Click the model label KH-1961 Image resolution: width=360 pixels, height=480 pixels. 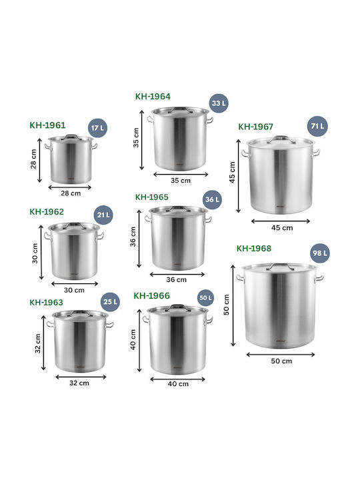[47, 125]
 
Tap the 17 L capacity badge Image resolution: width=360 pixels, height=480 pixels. [97, 128]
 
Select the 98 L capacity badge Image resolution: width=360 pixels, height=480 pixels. [320, 253]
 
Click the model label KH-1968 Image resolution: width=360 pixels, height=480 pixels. [254, 248]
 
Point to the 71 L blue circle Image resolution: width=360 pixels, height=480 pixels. [317, 126]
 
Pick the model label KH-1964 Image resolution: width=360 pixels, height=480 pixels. [153, 97]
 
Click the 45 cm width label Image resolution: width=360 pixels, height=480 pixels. [282, 228]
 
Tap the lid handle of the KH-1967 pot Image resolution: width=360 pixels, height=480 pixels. [281, 139]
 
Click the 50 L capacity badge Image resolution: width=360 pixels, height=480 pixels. [205, 298]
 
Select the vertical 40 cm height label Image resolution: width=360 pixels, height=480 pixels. [133, 339]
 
